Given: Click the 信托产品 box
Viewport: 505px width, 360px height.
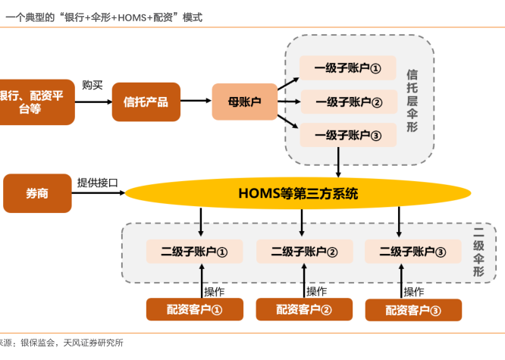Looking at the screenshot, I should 146,102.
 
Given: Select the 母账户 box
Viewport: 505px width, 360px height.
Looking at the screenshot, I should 244,102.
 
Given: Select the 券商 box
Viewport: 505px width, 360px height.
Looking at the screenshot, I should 37,193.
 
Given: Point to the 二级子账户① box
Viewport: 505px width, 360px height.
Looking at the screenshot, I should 194,252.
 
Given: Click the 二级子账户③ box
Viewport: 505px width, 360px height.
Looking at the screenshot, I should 412,252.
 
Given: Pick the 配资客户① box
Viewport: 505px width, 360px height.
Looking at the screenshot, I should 194,309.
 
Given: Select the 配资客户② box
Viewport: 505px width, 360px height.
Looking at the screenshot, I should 303,309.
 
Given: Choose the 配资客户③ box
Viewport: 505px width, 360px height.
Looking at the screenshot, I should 412,310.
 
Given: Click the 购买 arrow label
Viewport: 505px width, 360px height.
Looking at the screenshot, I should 93,85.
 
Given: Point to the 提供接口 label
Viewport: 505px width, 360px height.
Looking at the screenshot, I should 96,183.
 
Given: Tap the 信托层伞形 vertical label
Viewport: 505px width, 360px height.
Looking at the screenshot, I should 412,102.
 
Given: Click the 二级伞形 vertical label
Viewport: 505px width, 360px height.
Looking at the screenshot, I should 478,252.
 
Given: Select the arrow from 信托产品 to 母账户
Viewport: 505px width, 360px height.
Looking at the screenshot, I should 196,102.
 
